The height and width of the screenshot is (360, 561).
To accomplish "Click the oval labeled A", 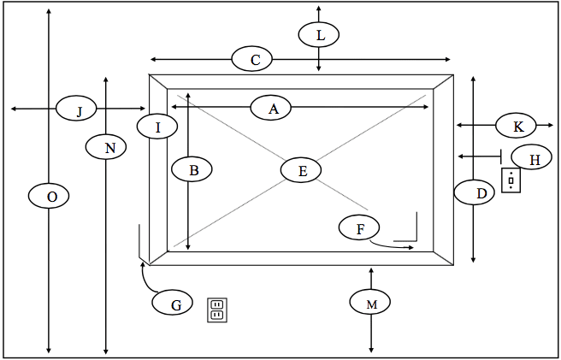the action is click(x=271, y=108).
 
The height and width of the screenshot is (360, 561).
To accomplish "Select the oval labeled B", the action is click(x=192, y=169).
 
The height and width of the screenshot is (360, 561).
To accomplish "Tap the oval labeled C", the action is click(x=252, y=59).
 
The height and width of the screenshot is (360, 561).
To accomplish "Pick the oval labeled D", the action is click(x=475, y=192).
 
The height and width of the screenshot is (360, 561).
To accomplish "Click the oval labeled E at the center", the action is click(x=301, y=170).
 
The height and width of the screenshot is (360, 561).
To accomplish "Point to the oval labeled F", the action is click(x=359, y=227).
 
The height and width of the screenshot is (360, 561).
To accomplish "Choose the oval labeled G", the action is click(x=173, y=303).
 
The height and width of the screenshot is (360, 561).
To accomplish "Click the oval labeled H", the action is click(x=532, y=157).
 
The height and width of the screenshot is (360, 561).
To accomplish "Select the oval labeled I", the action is click(x=157, y=127).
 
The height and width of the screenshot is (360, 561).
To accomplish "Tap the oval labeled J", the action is click(x=76, y=108).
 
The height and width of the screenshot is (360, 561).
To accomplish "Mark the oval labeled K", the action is click(x=516, y=125).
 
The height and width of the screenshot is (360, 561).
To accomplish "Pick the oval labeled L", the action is click(x=319, y=34).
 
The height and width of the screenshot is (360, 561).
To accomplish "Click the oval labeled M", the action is click(x=370, y=302).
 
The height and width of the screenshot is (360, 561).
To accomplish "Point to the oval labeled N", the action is click(x=106, y=147).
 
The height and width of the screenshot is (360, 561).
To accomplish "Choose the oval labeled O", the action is click(x=49, y=196).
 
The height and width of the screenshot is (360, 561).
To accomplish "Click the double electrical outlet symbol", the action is click(x=217, y=310).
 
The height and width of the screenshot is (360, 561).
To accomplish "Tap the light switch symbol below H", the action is click(x=511, y=180).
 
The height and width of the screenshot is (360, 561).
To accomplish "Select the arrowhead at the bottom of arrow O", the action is click(x=49, y=351).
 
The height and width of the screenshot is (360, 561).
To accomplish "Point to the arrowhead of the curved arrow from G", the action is click(x=143, y=263).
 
